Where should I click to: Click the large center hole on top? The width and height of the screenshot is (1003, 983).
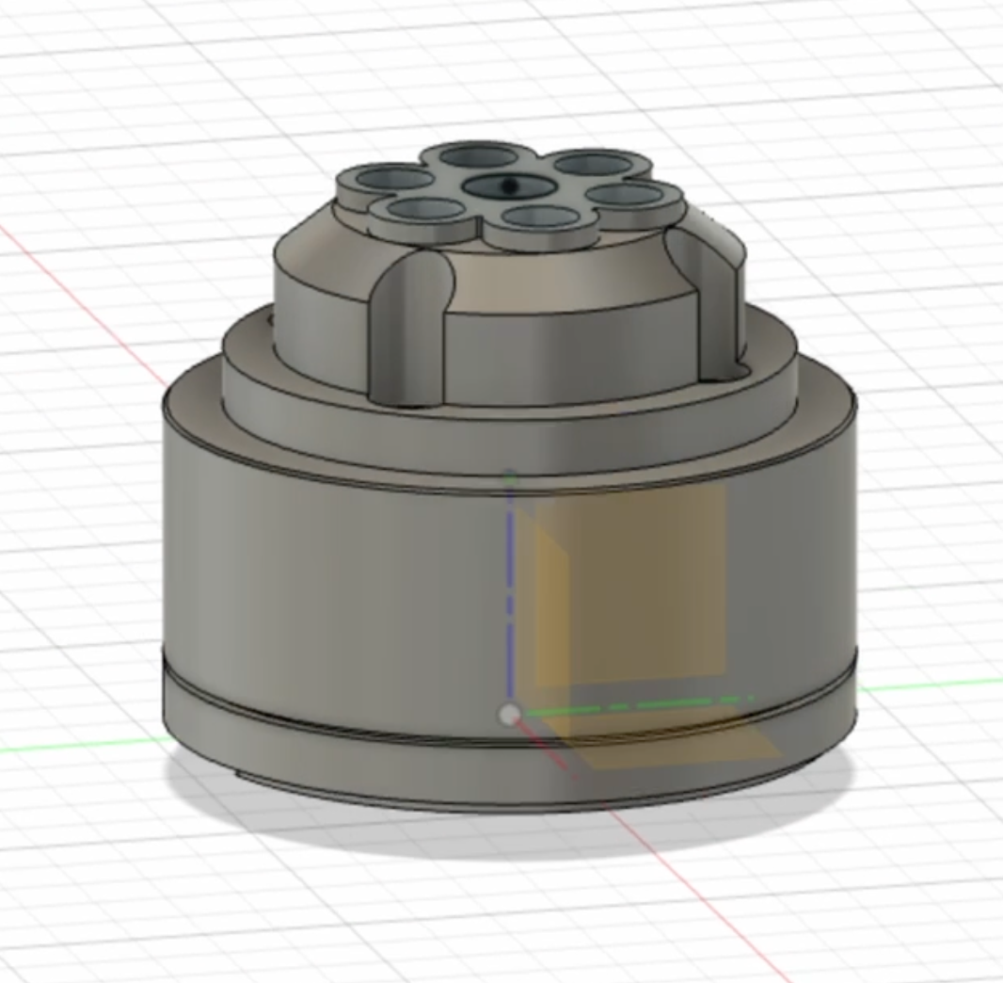[x=508, y=186]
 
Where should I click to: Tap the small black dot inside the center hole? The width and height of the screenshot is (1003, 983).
[x=509, y=185]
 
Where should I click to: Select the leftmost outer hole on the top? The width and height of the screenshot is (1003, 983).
[x=389, y=178]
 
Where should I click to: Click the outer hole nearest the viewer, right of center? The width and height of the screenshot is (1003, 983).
[x=540, y=218]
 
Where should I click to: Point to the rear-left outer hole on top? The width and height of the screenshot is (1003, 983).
[x=472, y=155]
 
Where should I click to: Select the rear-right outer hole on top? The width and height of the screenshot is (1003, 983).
[x=593, y=164]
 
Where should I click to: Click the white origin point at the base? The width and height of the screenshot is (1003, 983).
[x=509, y=716]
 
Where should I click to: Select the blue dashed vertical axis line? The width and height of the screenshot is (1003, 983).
[x=510, y=603]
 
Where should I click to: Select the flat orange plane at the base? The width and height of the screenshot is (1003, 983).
[x=677, y=744]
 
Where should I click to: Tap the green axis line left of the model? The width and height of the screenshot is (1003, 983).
[x=75, y=749]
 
